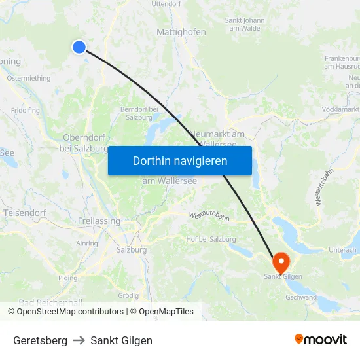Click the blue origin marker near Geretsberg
tap(79, 46)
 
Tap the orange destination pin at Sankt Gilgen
tap(281, 262)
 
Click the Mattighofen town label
tap(181, 31)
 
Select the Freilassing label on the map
tap(99, 221)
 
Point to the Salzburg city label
tap(131, 249)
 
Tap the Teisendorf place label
tap(25, 213)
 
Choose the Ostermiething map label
tap(29, 79)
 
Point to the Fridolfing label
tap(26, 111)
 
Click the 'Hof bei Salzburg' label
tap(211, 239)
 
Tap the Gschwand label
tap(301, 297)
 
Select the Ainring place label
tap(87, 243)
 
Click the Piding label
tap(67, 278)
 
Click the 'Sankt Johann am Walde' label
tap(245, 24)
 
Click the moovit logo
tap(321, 340)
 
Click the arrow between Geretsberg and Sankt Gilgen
tap(79, 340)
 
